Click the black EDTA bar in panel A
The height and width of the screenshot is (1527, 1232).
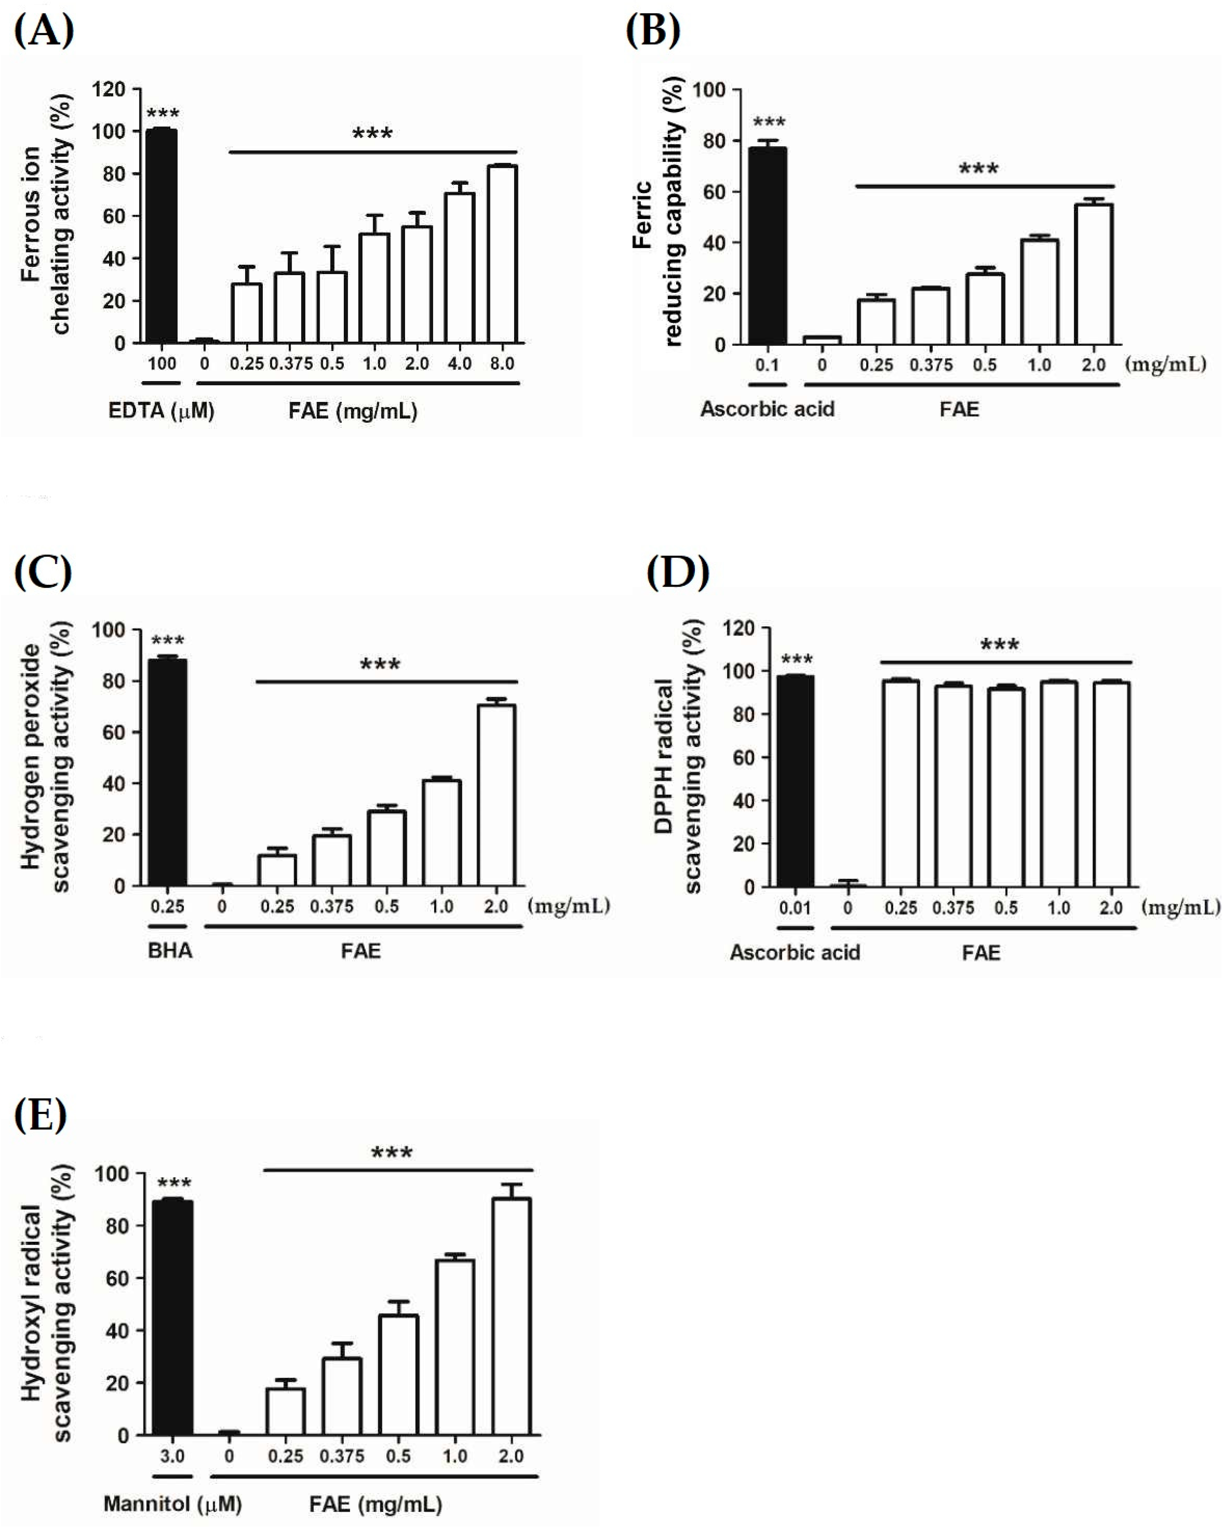click(161, 236)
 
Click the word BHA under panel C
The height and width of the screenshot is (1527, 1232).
click(170, 950)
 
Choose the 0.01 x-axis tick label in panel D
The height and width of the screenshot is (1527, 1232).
click(795, 908)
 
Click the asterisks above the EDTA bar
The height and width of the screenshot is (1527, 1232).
click(162, 113)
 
